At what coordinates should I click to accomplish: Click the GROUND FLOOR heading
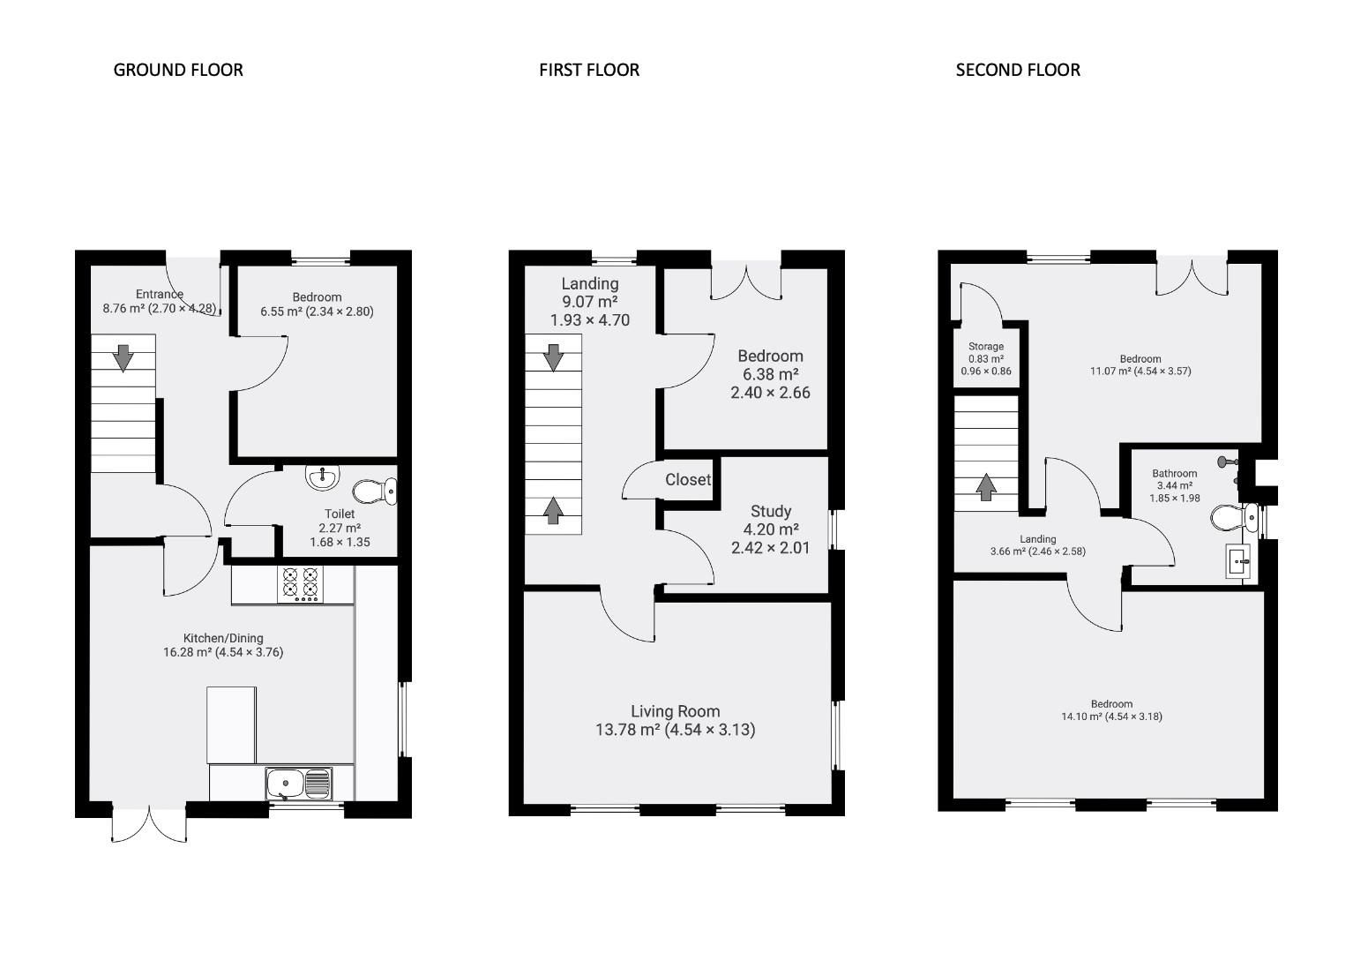tap(178, 70)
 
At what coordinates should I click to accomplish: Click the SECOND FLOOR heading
tap(1018, 70)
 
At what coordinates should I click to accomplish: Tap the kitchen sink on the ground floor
tap(298, 783)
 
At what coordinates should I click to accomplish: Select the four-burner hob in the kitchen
tap(300, 584)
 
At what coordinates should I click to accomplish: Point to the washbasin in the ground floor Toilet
tap(323, 477)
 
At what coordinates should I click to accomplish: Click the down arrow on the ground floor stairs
tap(123, 357)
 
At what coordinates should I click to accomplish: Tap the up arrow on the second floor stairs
tap(985, 487)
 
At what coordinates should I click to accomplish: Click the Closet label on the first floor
tap(688, 479)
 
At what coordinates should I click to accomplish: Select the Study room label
tap(771, 511)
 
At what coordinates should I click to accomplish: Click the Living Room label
tap(676, 711)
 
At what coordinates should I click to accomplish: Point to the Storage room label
tap(986, 347)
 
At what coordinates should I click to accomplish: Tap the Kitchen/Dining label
tap(223, 638)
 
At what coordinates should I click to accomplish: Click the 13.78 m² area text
tap(627, 730)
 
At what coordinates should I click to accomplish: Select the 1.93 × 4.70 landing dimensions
tap(590, 320)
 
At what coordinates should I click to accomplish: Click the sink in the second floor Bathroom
tap(1238, 561)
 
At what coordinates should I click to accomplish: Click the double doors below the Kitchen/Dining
tap(149, 822)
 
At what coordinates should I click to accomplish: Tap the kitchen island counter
tap(231, 724)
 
